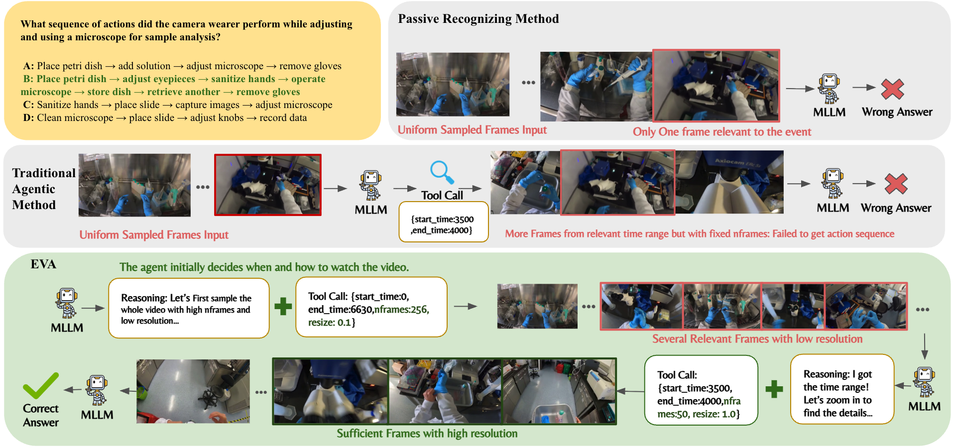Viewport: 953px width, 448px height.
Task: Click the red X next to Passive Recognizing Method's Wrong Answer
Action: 892,89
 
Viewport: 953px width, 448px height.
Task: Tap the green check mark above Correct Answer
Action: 40,385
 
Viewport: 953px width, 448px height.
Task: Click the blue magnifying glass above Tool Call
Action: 442,172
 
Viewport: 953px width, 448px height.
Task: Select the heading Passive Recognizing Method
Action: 478,19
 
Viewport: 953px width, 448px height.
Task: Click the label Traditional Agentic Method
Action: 43,189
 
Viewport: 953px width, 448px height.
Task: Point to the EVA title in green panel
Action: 43,264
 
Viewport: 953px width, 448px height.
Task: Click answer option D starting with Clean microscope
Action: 165,118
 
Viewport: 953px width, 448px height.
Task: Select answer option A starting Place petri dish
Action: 182,66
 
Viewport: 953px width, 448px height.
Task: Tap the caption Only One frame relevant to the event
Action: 721,132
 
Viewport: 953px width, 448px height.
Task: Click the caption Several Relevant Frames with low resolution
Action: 757,339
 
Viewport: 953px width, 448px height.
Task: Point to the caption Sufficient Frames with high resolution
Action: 427,434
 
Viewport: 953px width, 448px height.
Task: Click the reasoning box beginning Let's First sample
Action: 189,309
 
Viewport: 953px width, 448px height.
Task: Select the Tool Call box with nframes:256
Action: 371,308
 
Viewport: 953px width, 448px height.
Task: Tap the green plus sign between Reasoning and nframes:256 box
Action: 283,306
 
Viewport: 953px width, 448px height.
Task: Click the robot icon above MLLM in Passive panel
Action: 829,89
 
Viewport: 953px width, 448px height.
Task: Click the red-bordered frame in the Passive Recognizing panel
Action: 715,86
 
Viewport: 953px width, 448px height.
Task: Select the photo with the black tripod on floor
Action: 193,391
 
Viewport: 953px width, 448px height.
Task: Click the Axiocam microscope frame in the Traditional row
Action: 729,182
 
